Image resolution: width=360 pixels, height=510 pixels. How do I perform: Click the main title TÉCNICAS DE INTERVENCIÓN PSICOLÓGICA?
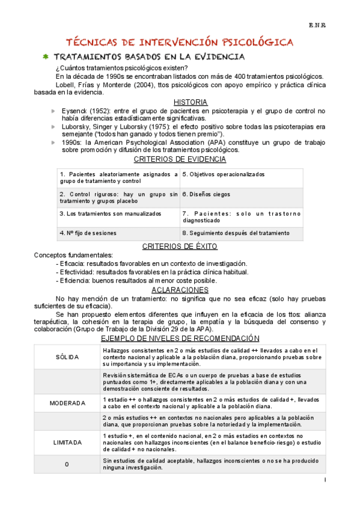point(179,42)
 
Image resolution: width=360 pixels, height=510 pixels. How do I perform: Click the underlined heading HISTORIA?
point(190,102)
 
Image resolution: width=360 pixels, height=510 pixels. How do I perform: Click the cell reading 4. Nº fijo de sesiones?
point(88,233)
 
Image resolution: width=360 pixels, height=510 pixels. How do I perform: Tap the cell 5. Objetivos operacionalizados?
point(223,174)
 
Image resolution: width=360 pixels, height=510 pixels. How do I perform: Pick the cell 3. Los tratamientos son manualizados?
point(111,214)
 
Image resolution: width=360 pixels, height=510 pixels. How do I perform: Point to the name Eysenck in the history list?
point(76,111)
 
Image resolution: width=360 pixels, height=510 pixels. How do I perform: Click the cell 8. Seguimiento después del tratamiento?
point(235,233)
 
